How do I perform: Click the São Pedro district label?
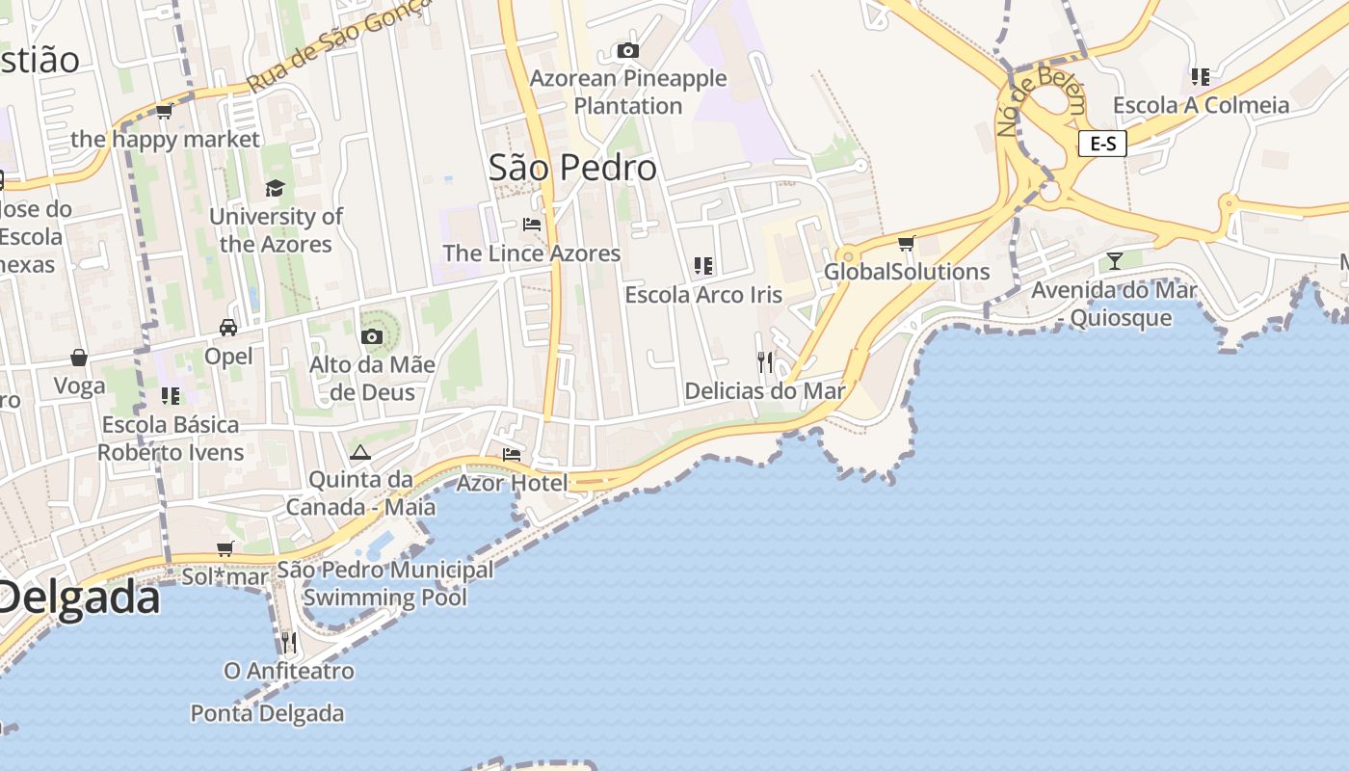tap(572, 168)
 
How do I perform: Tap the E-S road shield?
tap(1102, 145)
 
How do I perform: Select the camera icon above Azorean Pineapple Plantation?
tap(628, 50)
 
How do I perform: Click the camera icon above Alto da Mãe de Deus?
tap(372, 336)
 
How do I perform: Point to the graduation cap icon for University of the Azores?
tap(276, 188)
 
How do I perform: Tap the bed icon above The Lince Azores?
tap(531, 225)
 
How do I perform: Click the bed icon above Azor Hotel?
tap(512, 454)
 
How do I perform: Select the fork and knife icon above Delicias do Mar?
tap(765, 362)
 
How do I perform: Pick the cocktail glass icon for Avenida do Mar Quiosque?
tap(1115, 260)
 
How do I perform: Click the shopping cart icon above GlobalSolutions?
tap(906, 243)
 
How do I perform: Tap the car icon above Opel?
tap(228, 328)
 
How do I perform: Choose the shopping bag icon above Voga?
tap(79, 359)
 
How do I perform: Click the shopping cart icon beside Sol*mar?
tap(225, 549)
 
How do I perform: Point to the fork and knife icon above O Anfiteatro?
tap(288, 641)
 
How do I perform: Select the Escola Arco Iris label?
tap(703, 295)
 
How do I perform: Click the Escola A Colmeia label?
tap(1201, 105)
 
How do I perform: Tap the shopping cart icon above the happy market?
tap(165, 112)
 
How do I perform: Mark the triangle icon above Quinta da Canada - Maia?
tap(360, 452)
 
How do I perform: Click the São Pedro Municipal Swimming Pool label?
tap(385, 583)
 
